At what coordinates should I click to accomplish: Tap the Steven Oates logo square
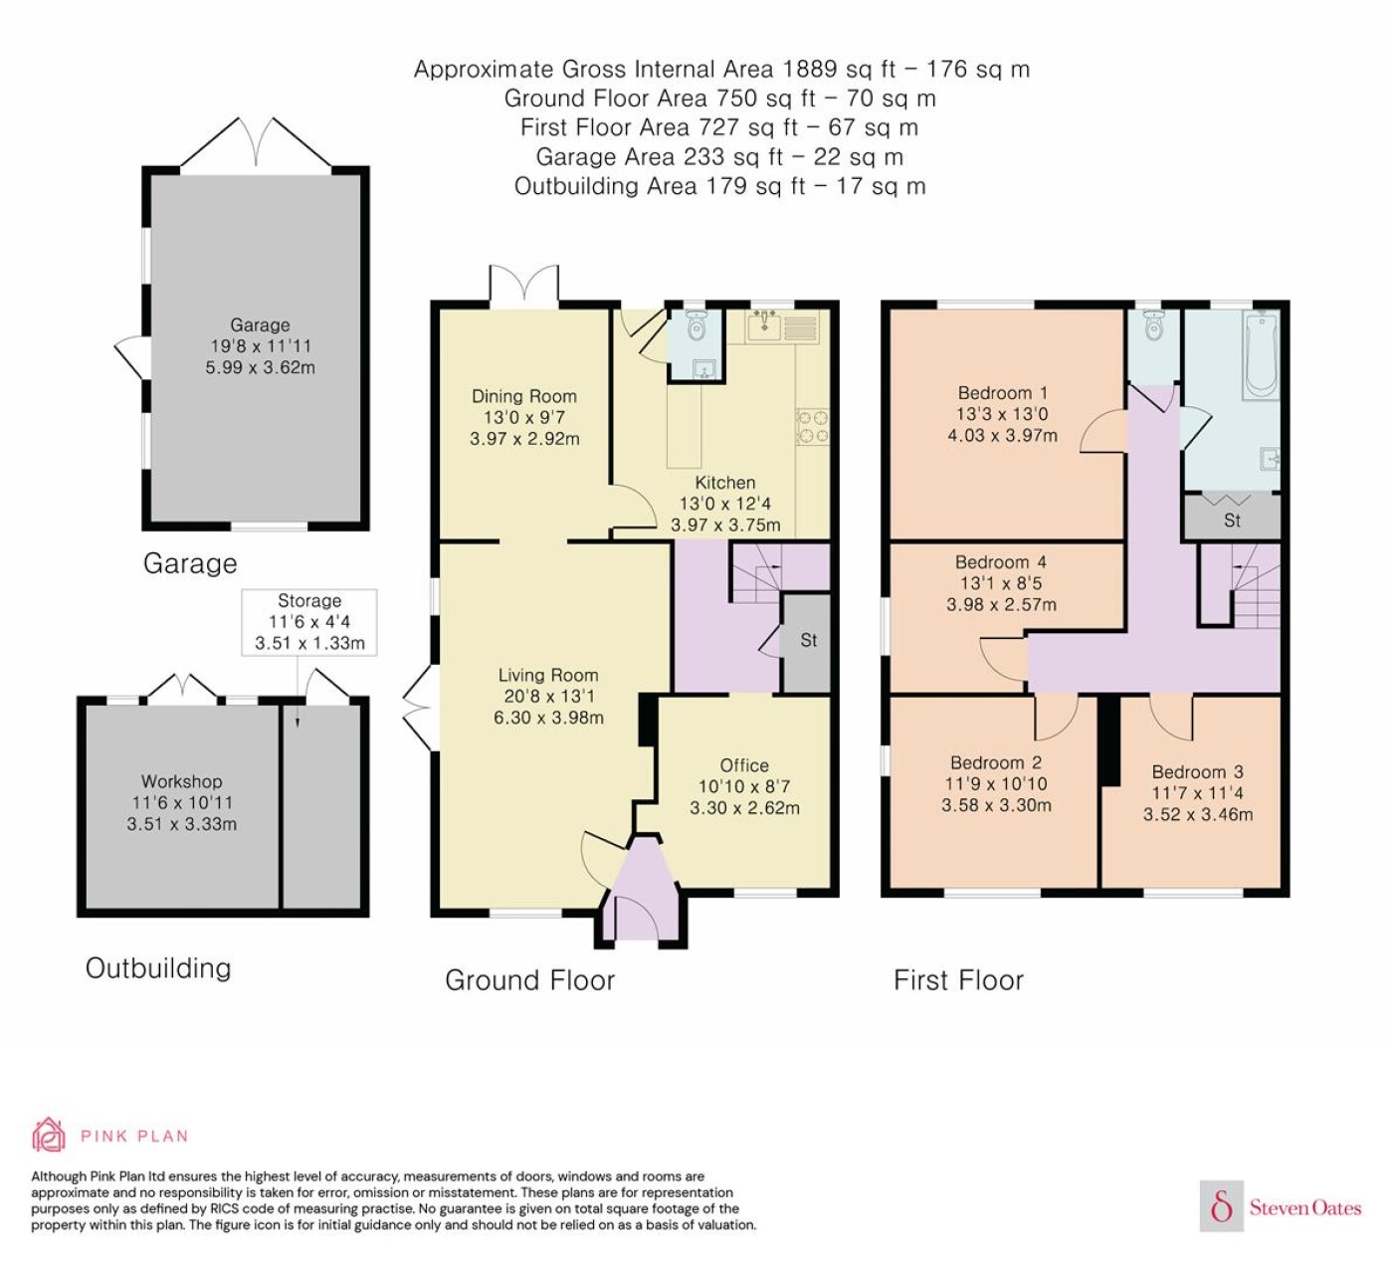[x=1222, y=1206]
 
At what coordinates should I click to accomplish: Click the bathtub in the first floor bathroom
[x=1262, y=355]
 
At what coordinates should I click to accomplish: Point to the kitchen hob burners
[x=812, y=426]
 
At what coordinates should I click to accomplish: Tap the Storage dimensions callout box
[x=309, y=622]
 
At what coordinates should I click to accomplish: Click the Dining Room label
[x=524, y=396]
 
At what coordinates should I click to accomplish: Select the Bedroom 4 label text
[x=1001, y=562]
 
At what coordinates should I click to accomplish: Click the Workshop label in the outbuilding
[x=182, y=781]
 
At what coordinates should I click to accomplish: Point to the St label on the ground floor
[x=808, y=640]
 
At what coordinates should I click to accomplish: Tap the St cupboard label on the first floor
[x=1232, y=520]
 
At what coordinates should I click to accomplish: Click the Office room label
[x=744, y=765]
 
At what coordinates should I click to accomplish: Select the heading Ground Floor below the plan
[x=530, y=979]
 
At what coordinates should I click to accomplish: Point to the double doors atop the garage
[x=256, y=141]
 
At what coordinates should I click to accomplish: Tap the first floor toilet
[x=1153, y=325]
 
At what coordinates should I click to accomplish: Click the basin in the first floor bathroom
[x=1271, y=459]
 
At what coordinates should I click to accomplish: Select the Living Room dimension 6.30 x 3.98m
[x=548, y=718]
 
